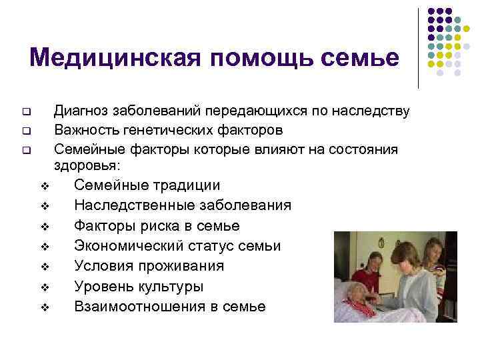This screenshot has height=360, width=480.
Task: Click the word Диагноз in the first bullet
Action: pyautogui.click(x=81, y=110)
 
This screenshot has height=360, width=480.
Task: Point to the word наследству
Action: pyautogui.click(x=371, y=110)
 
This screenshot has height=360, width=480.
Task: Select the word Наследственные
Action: pyautogui.click(x=128, y=205)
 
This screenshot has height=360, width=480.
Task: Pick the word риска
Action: pyautogui.click(x=155, y=225)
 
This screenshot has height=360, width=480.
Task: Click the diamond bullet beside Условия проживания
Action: pyautogui.click(x=43, y=267)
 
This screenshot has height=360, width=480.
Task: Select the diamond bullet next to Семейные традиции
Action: pyautogui.click(x=43, y=185)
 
